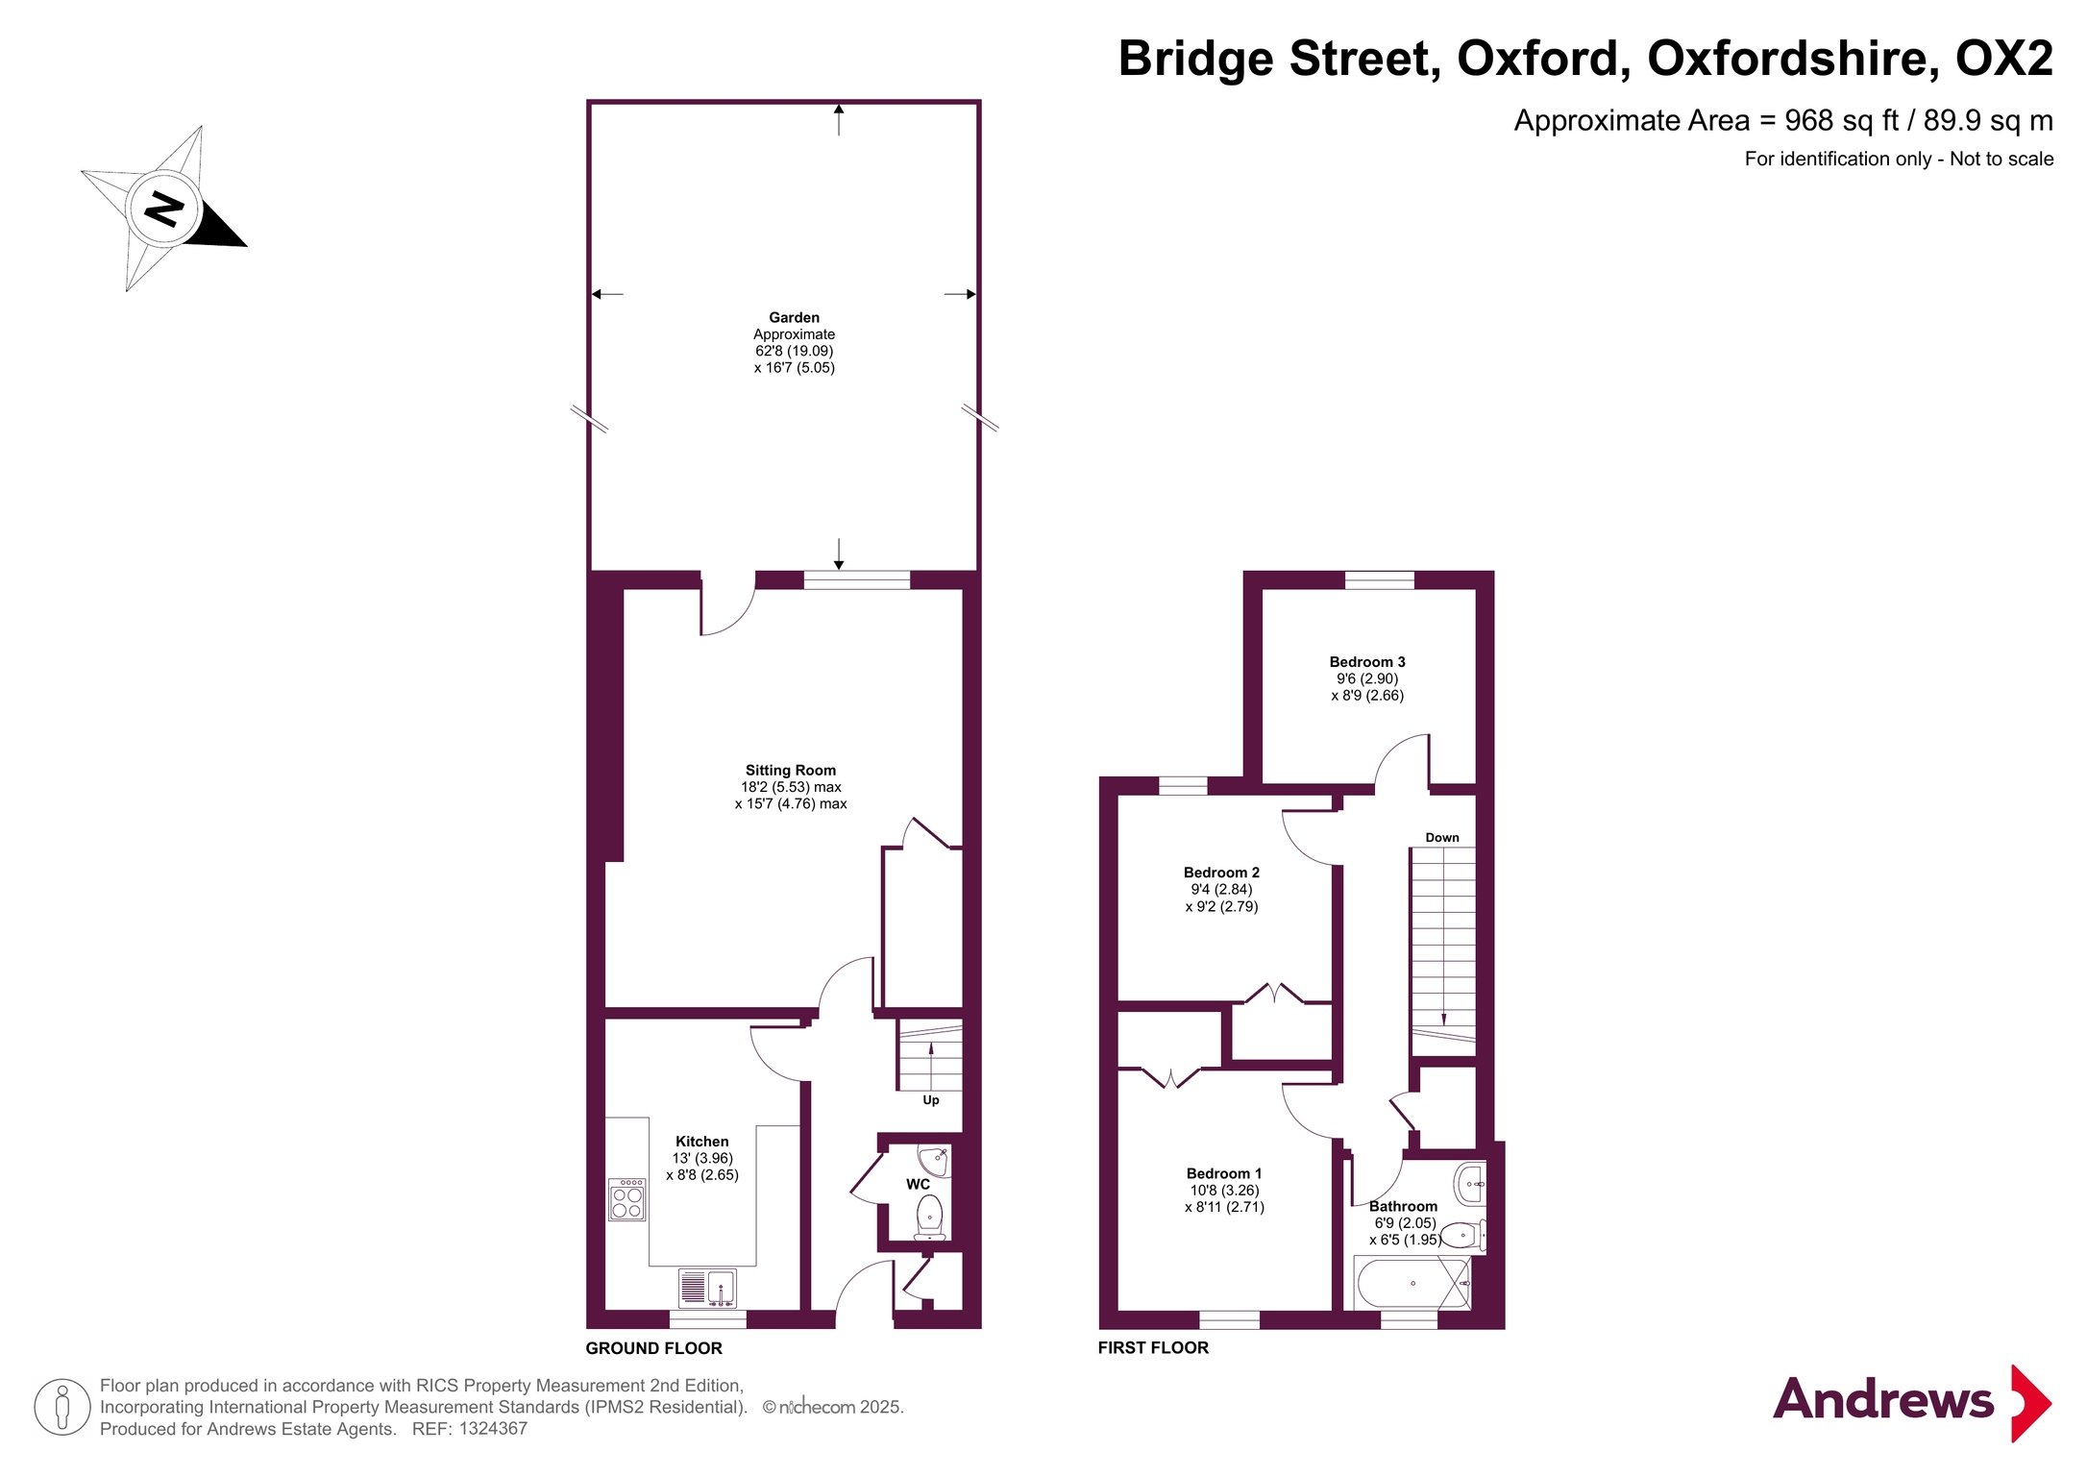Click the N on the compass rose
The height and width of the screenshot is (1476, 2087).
pyautogui.click(x=164, y=209)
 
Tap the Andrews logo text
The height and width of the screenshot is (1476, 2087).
pyautogui.click(x=1882, y=1400)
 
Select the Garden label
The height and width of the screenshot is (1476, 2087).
pyautogui.click(x=794, y=317)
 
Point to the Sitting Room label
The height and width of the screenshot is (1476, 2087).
pyautogui.click(x=791, y=770)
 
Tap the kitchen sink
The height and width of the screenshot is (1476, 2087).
pyautogui.click(x=707, y=1289)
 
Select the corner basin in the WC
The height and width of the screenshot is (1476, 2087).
pyautogui.click(x=933, y=1160)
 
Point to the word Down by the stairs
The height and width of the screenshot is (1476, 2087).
pyautogui.click(x=1442, y=838)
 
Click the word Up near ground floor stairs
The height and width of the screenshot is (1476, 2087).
pyautogui.click(x=931, y=1100)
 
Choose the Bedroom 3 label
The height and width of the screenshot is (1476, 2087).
pyautogui.click(x=1367, y=662)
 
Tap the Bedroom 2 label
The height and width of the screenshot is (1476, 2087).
pyautogui.click(x=1221, y=873)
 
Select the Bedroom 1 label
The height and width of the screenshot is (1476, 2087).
pyautogui.click(x=1224, y=1173)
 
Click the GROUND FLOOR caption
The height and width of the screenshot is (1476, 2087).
pyautogui.click(x=654, y=1348)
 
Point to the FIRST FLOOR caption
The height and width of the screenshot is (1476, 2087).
pyautogui.click(x=1153, y=1348)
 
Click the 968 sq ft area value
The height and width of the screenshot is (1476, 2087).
pyautogui.click(x=1842, y=121)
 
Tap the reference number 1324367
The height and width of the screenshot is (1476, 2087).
pyautogui.click(x=493, y=1429)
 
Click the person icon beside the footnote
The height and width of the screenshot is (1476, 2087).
pyautogui.click(x=62, y=1407)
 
